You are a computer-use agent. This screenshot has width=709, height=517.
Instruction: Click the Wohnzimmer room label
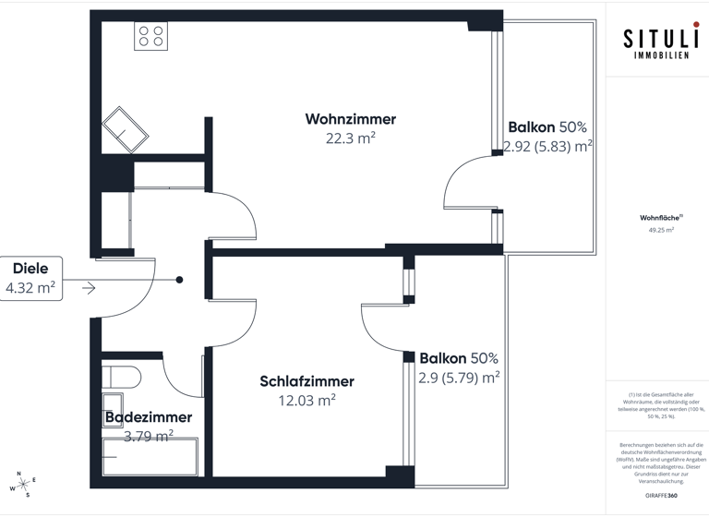[350, 119]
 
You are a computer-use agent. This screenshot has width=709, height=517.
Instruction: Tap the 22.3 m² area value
[350, 138]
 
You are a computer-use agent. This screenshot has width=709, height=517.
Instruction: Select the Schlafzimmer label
[306, 381]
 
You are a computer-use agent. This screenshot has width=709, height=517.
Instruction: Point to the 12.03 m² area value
[306, 401]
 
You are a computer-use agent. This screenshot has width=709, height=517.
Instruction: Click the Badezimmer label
[149, 417]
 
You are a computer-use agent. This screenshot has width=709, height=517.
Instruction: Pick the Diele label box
[30, 279]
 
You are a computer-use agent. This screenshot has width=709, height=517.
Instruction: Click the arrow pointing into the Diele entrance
[89, 289]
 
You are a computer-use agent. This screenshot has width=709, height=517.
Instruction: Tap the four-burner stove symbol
[150, 36]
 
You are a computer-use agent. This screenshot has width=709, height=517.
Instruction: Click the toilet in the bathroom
[121, 377]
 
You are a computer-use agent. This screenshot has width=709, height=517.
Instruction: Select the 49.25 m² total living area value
[661, 231]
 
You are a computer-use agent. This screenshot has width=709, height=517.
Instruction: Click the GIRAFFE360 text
[661, 498]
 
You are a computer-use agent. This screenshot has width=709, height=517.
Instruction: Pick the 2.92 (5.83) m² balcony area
[547, 146]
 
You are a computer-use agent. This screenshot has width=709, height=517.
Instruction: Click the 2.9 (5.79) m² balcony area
[459, 377]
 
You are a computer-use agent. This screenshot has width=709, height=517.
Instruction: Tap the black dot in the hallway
[180, 280]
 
